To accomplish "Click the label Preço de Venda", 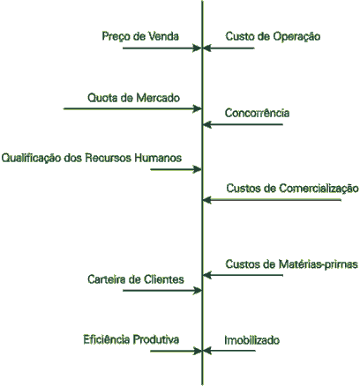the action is [140, 37].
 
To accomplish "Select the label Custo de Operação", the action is [273, 37].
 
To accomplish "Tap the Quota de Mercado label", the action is [133, 98].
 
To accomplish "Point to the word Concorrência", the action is [257, 113].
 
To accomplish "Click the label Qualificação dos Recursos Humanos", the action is [92, 159].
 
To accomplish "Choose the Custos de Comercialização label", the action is [292, 189].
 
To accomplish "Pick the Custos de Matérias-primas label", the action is [291, 264].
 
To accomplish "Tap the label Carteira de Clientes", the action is [136, 279].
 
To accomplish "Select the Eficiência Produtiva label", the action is [131, 339].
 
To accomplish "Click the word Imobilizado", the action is [251, 340].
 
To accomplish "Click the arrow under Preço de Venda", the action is [162, 48].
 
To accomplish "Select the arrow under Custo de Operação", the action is [229, 48].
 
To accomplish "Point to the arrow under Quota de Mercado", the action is [132, 108].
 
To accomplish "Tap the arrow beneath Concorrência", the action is [243, 124].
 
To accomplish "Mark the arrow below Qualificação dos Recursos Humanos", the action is [176, 169].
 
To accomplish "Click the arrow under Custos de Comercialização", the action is [272, 200].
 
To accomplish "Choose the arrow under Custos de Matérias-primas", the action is [243, 275].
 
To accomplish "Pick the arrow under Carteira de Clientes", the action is [162, 291].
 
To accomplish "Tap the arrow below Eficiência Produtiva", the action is [176, 351].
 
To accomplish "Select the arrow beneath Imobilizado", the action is [229, 351].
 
